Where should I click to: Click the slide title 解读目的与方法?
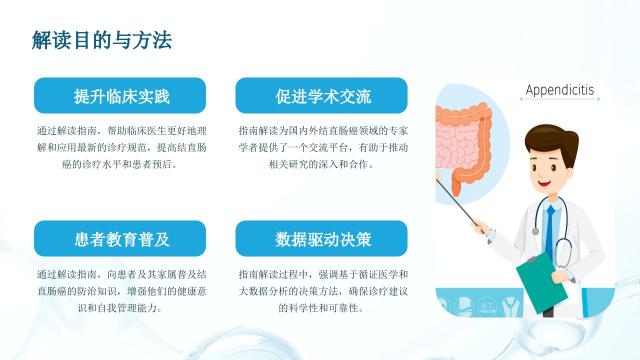coord(101,40)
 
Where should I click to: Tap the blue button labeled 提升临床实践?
coord(120,95)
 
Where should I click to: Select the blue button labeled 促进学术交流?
coord(321,95)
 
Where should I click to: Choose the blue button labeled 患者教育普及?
coord(120,238)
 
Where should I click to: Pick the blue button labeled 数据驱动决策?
coord(321,238)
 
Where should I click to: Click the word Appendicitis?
coord(560,90)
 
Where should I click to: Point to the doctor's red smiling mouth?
coord(544,183)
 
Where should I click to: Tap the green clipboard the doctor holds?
coord(541,283)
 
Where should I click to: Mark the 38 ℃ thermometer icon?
coord(487,306)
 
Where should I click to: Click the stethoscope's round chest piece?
coord(535,231)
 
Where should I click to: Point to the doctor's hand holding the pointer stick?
coord(480,227)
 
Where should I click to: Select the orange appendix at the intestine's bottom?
coord(456,187)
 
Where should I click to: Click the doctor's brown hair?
coord(551,141)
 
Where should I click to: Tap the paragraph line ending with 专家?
coord(323,131)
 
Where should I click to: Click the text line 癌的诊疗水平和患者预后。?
coord(120,164)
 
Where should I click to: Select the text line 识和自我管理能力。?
coord(120,308)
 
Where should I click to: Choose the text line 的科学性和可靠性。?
coord(321,308)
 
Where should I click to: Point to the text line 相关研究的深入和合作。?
coord(321,164)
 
